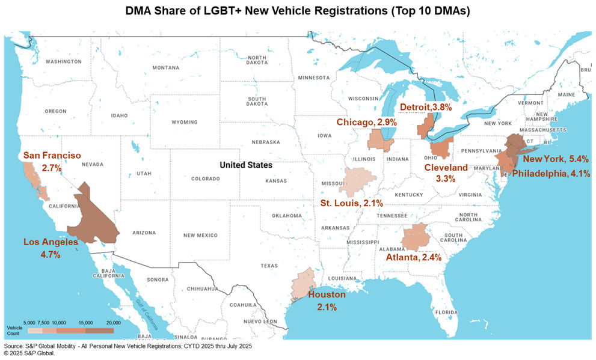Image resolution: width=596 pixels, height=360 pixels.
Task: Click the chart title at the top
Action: pos(298,10)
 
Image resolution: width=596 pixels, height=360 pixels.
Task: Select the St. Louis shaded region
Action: pos(360,181)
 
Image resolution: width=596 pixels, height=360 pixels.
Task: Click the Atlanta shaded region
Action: pos(416,238)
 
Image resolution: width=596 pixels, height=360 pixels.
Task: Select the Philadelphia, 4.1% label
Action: pos(550,173)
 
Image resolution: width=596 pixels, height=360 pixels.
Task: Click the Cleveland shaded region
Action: pos(441,147)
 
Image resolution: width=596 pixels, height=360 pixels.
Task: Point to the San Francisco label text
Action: pos(52,156)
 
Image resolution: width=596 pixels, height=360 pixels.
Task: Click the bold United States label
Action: pos(245,165)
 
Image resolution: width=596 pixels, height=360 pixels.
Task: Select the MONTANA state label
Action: pos(165,67)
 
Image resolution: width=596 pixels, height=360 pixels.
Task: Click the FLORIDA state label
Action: pos(446,313)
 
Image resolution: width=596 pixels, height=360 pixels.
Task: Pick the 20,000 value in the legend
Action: pos(112,323)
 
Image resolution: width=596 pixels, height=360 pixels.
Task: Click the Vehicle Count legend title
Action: pos(13,330)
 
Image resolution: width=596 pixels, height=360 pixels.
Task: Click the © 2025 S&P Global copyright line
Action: pos(29,354)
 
